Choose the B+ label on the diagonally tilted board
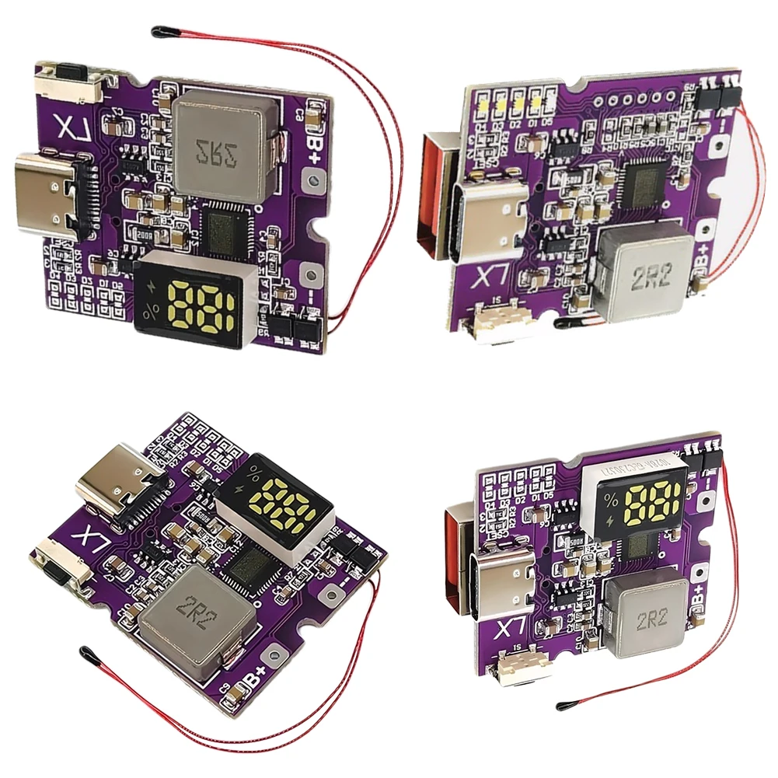[257, 679]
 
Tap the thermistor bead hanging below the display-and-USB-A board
[561, 706]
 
